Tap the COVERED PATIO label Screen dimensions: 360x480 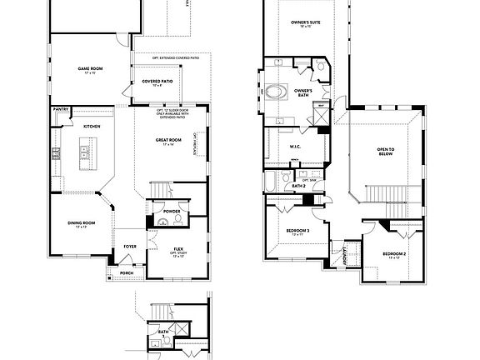pyautogui.click(x=157, y=81)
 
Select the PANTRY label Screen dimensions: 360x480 pyautogui.click(x=60, y=109)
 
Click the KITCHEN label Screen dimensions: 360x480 pyautogui.click(x=92, y=125)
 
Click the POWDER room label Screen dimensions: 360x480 pyautogui.click(x=172, y=212)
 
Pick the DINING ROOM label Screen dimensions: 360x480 pyautogui.click(x=82, y=222)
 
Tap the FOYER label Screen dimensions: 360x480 pyautogui.click(x=131, y=246)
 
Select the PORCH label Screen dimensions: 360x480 pyautogui.click(x=127, y=272)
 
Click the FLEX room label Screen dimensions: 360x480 pyautogui.click(x=178, y=249)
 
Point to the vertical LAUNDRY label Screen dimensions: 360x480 pyautogui.click(x=344, y=252)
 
